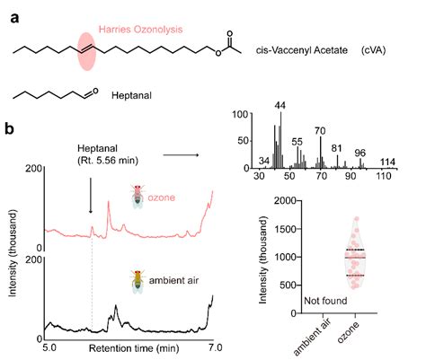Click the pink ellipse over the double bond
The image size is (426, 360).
(x=86, y=52)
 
